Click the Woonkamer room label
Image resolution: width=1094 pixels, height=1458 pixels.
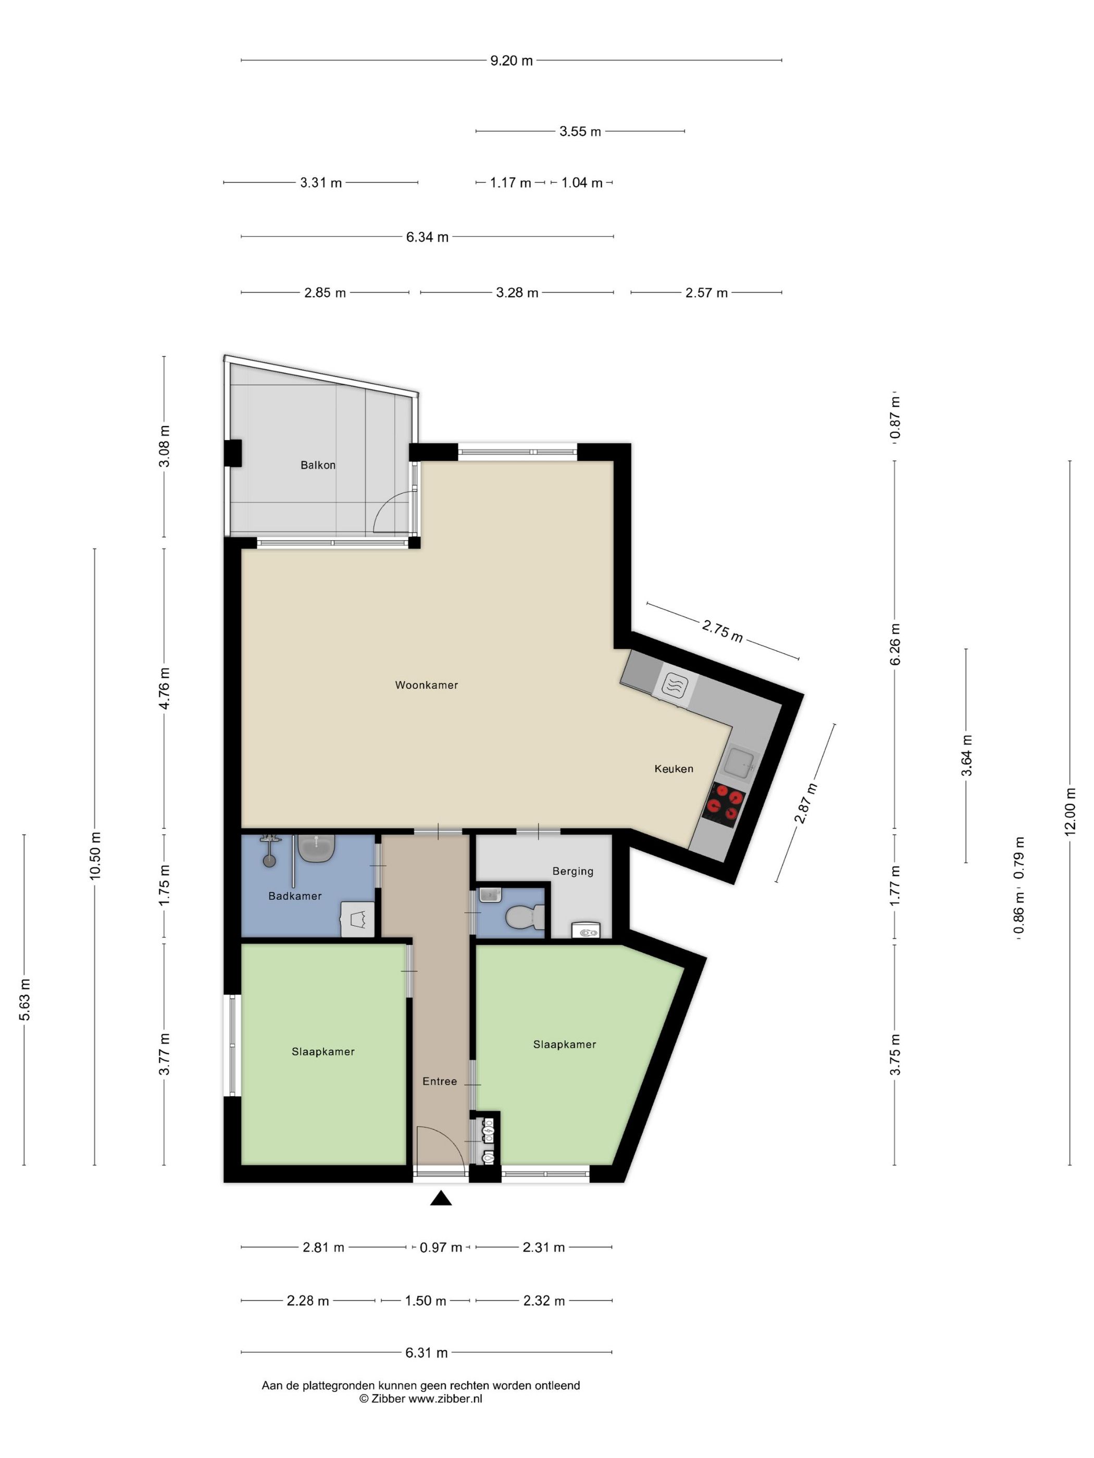point(426,685)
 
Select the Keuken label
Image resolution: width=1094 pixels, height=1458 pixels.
point(673,769)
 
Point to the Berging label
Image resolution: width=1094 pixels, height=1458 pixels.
point(573,871)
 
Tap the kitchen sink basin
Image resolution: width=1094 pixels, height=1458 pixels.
point(739,764)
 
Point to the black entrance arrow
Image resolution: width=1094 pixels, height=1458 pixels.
point(441,1198)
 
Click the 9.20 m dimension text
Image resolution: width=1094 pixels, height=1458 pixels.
point(511,60)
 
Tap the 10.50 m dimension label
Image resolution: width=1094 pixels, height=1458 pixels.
point(95,856)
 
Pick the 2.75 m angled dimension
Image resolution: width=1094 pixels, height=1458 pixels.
point(722,631)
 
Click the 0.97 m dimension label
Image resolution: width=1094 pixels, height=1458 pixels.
point(441,1247)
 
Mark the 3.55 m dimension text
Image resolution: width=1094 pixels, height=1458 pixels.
point(580,131)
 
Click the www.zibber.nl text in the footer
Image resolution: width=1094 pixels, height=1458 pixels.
point(445,1399)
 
